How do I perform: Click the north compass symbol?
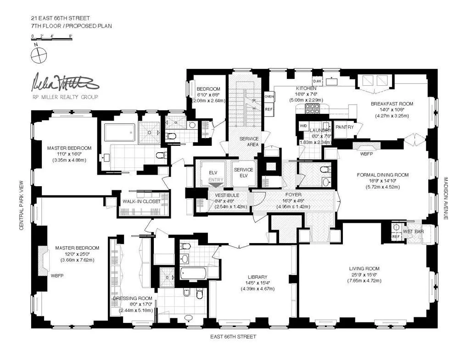point(39,55)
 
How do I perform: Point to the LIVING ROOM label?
point(364,269)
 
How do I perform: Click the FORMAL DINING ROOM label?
point(382,175)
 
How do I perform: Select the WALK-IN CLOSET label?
point(141,201)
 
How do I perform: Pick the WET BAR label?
point(413,232)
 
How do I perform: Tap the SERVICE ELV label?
point(243,173)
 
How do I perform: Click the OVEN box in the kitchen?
point(269,97)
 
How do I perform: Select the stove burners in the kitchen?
point(312,109)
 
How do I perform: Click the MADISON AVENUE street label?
point(445,198)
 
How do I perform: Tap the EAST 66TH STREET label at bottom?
point(234,337)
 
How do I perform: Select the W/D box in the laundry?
point(303,125)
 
